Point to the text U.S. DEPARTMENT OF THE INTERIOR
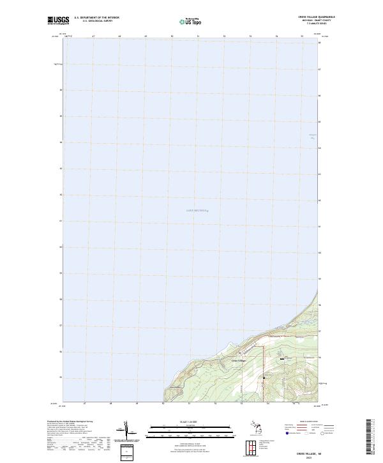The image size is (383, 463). point(96,17)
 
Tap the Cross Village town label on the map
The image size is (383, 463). point(239,361)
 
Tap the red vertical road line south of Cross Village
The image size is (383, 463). point(264,377)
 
